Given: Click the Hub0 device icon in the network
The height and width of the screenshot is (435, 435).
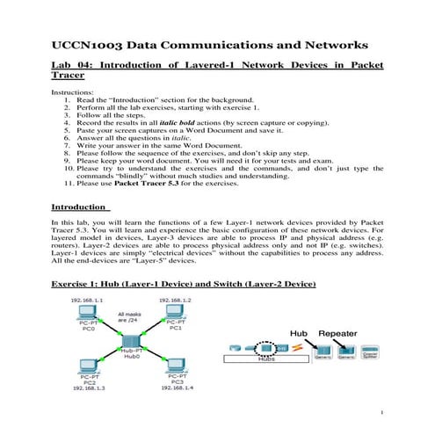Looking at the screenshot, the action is click(130, 339).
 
